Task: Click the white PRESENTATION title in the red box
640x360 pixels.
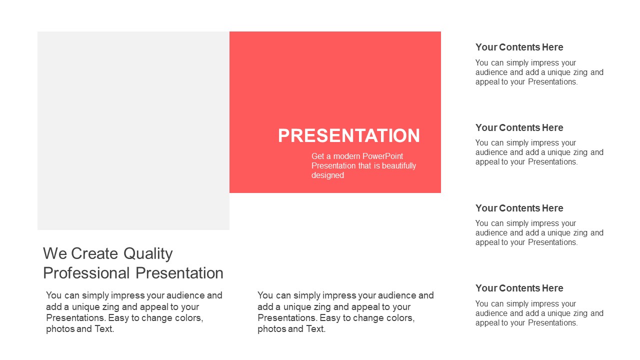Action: click(349, 135)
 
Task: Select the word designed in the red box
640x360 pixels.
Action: click(327, 175)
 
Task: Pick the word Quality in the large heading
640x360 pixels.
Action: click(148, 254)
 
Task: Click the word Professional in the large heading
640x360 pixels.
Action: click(86, 273)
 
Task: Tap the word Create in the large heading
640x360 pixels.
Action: click(94, 253)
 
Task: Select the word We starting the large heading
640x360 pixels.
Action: click(55, 253)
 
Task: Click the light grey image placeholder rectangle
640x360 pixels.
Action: click(133, 130)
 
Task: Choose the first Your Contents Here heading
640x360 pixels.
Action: click(519, 47)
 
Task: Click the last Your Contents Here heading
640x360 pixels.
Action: click(519, 288)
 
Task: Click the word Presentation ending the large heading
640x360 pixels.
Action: click(179, 273)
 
